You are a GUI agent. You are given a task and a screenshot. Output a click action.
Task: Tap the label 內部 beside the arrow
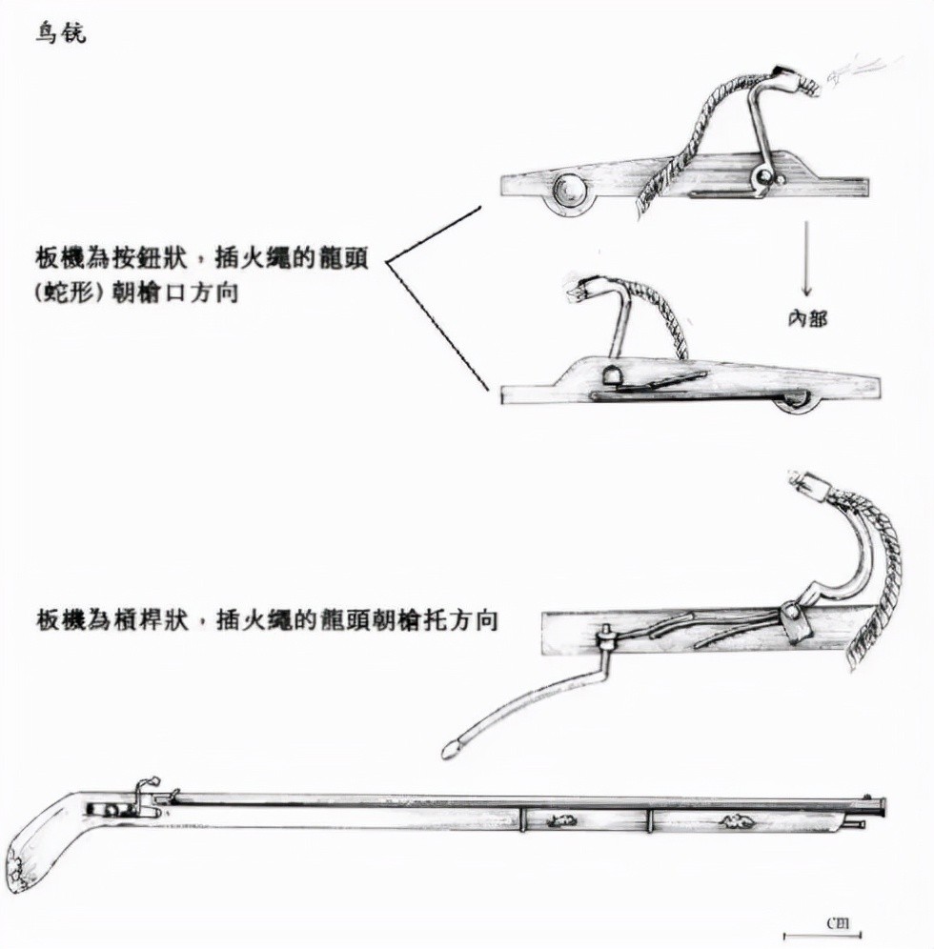tap(807, 318)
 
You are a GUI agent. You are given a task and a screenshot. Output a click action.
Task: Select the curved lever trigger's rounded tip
tap(451, 752)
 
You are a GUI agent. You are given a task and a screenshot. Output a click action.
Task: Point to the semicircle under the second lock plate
tap(797, 406)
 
